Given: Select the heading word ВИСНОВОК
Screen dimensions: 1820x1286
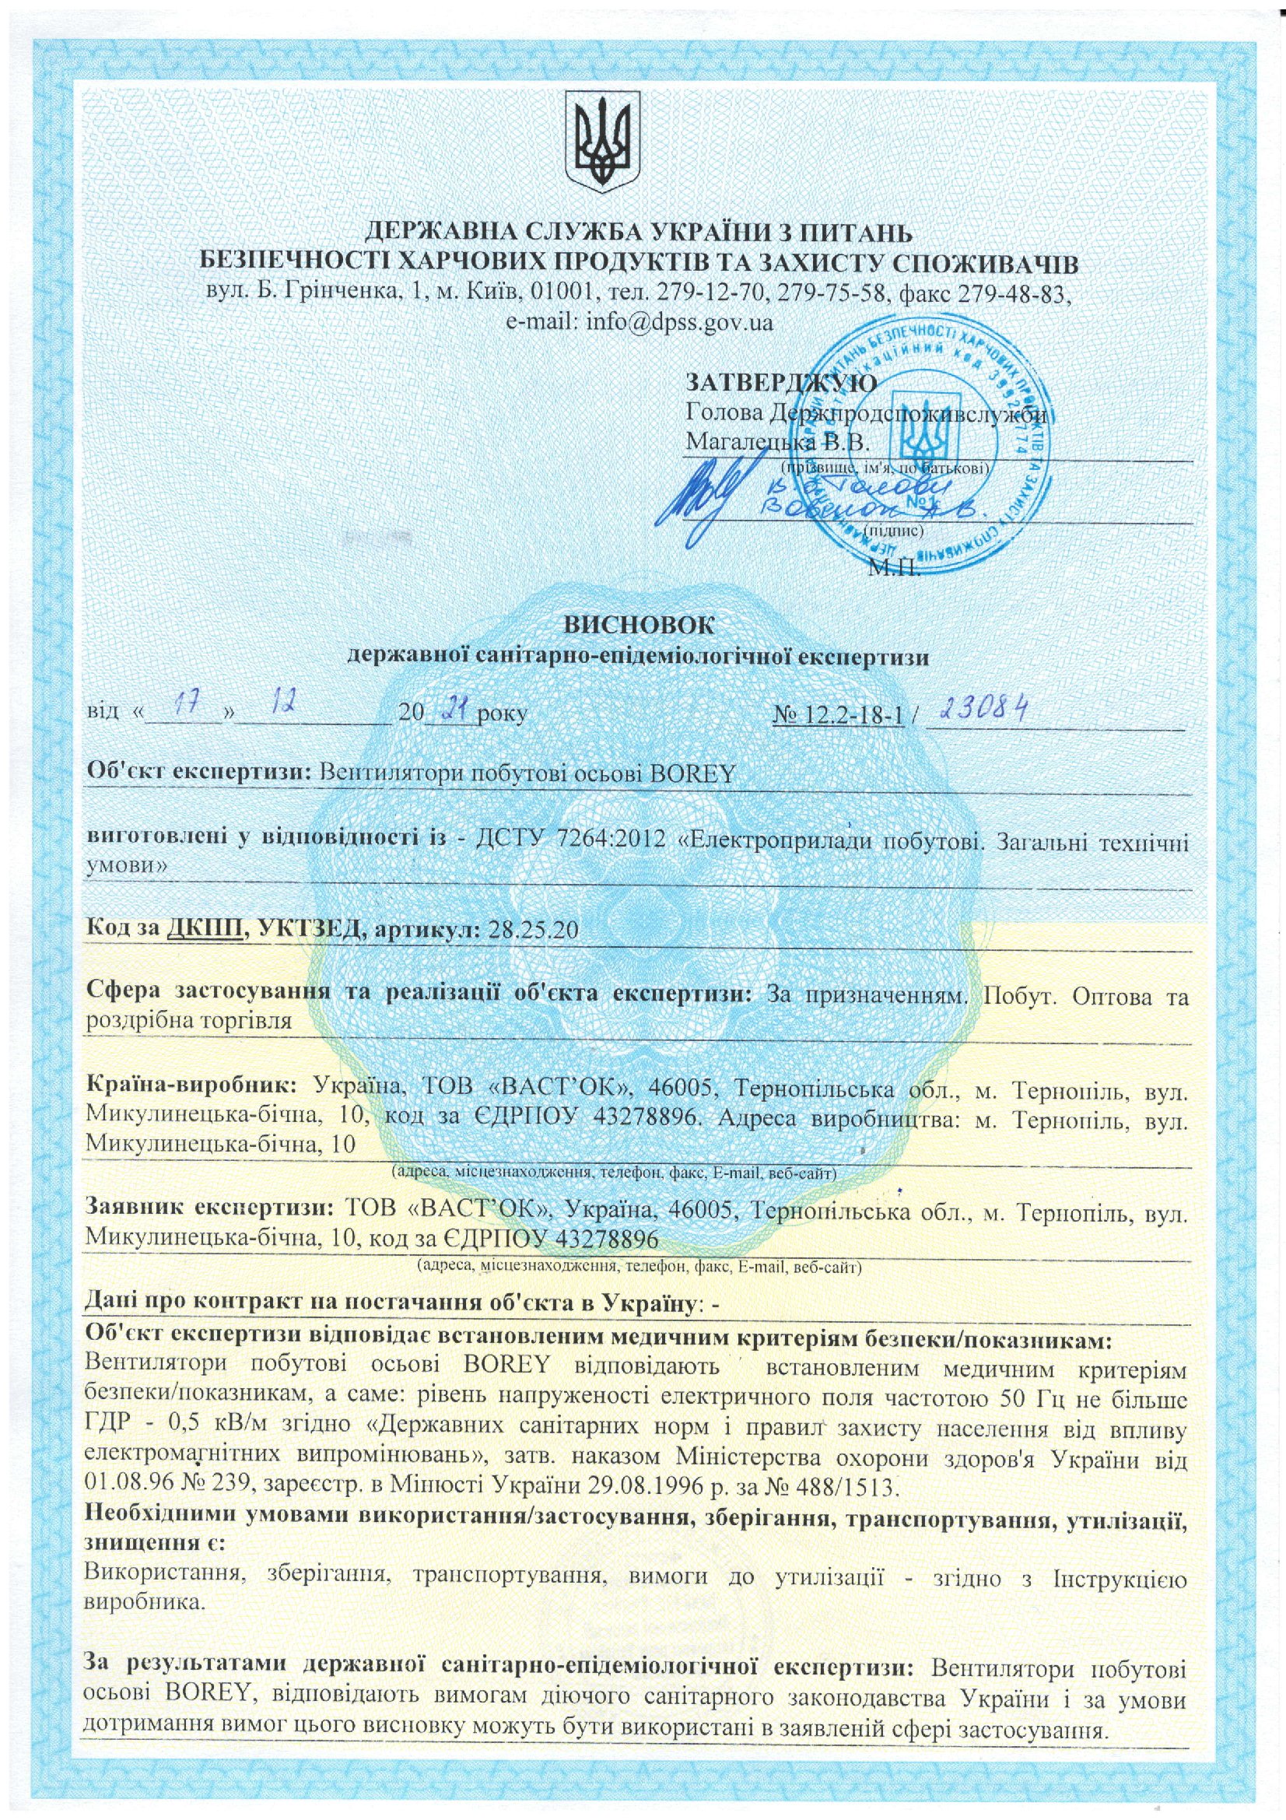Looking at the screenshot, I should [x=638, y=624].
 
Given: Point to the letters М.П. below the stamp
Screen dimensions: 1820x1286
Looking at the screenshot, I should [x=895, y=569].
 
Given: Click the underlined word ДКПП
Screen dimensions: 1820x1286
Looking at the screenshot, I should [x=205, y=929].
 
